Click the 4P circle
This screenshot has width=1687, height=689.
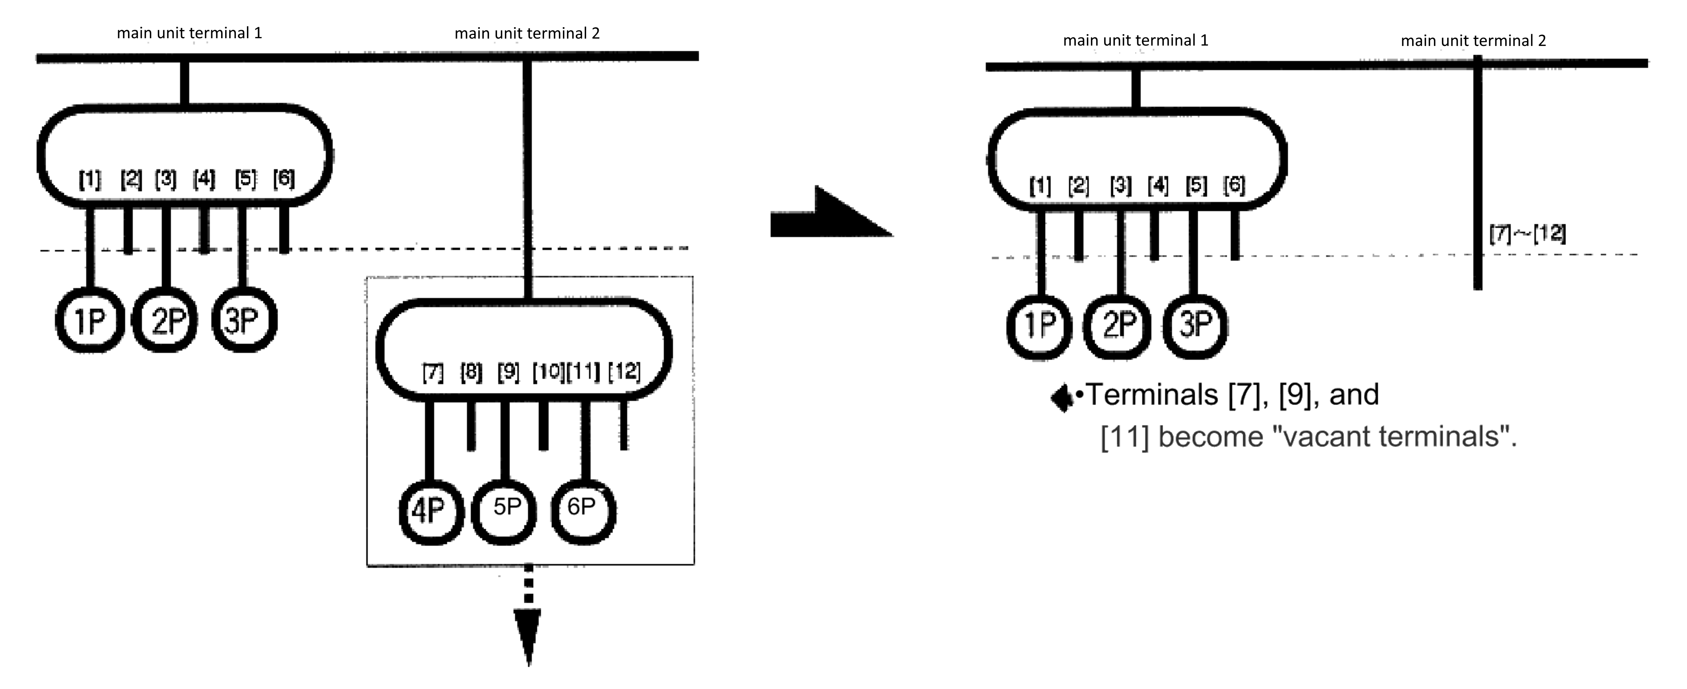tap(431, 512)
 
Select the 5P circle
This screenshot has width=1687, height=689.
tap(504, 510)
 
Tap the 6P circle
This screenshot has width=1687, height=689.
tap(583, 510)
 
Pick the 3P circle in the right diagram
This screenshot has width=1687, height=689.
tap(1195, 326)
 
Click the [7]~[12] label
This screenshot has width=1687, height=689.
tap(1527, 234)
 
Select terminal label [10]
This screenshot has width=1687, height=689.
tap(548, 372)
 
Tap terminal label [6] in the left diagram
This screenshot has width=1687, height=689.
tap(284, 179)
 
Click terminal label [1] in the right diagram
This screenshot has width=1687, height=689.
tap(1040, 186)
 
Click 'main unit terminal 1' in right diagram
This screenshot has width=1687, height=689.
tap(1135, 40)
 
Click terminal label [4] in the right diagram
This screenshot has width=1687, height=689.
tap(1157, 186)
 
